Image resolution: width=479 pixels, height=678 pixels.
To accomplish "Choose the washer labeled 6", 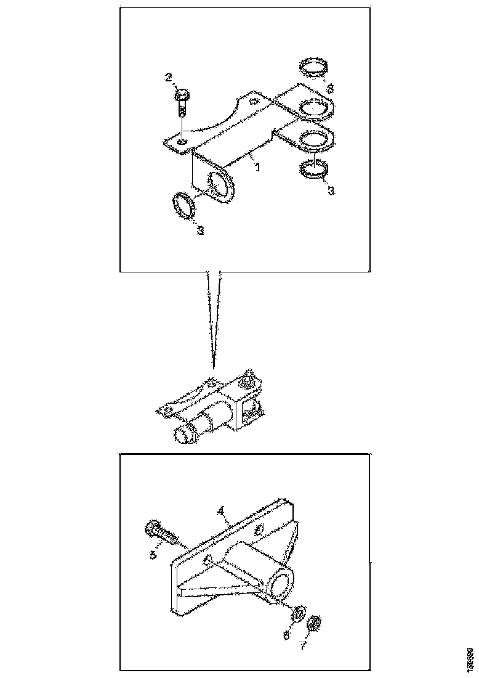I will pyautogui.click(x=296, y=614).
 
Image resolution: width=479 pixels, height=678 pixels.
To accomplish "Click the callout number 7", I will pyautogui.click(x=302, y=646).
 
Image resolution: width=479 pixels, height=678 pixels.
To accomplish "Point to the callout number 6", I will pyautogui.click(x=286, y=635).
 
